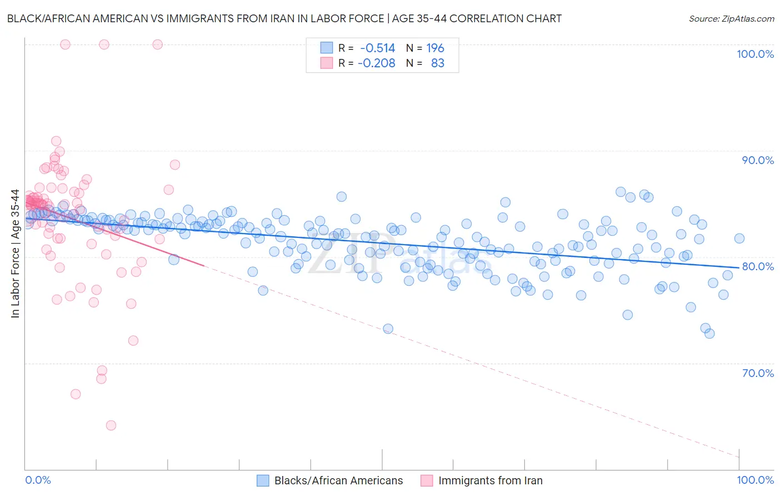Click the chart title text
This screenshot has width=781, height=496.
coord(284,18)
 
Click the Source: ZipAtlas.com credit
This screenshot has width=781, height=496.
coord(731,18)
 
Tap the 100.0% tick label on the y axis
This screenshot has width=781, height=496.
coord(755,54)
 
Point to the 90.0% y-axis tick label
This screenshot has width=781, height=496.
coord(758,160)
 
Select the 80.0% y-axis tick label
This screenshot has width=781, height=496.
coord(758,266)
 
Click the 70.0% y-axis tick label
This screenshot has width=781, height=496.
coord(758,373)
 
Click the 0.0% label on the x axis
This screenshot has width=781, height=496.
coord(38,480)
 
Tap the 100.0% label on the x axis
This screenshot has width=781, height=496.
coord(755,480)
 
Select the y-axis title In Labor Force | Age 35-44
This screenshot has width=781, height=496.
coord(15,254)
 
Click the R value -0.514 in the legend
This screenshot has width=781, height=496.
coord(377,48)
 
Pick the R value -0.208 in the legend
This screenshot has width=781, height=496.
coord(376,63)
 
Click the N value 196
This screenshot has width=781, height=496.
coord(435,48)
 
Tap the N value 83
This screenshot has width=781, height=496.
coord(438,63)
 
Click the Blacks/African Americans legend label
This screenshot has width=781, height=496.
coord(338,480)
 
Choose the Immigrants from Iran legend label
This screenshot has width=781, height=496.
coord(490,480)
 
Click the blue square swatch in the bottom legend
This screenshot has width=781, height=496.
coord(263,480)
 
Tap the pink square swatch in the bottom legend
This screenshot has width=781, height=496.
coord(427,480)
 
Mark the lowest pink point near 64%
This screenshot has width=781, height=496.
coord(111,425)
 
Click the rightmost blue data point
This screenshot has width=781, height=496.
coord(739,239)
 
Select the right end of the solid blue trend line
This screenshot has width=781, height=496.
coord(739,267)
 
